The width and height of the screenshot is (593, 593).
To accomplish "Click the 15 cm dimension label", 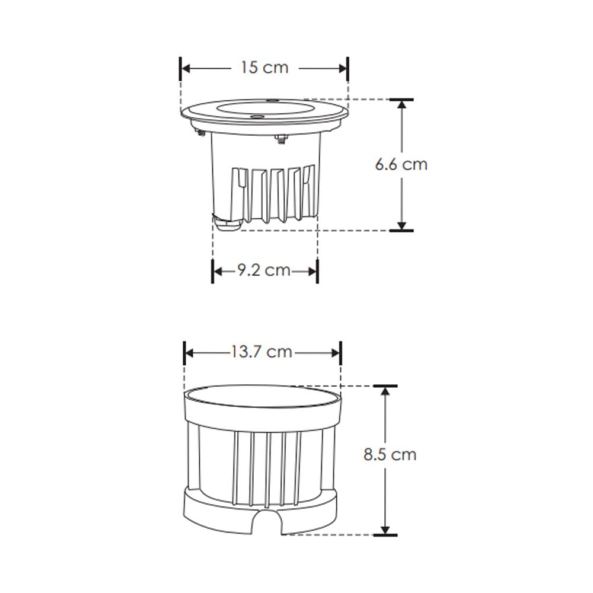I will pos(264,68).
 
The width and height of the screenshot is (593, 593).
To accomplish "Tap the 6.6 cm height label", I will pos(401,164).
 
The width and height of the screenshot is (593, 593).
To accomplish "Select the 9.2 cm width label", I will pos(264,271).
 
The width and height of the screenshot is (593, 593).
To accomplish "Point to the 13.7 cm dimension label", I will pos(262,352).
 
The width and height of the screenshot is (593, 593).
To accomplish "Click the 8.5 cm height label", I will pos(390,455).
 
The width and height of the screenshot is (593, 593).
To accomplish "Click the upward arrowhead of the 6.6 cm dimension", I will pos(402,106).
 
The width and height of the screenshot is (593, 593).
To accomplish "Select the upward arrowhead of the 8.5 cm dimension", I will pos(386,393).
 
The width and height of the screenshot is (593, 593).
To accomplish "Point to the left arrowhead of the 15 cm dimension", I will pos(186,68).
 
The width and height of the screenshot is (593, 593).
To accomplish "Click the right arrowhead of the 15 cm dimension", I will pos(342,68).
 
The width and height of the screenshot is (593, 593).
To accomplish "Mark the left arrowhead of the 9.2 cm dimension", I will pos(218,272).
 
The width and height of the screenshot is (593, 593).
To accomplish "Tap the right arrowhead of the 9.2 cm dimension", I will pos(313,272).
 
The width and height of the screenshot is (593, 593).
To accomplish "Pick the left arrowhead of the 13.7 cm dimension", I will pos(190,353).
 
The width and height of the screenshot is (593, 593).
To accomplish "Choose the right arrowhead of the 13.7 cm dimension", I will pos(336,353).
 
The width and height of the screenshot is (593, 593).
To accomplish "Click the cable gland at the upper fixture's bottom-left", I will pos(225,224).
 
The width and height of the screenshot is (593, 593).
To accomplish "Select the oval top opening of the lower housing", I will pos(262,397).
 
